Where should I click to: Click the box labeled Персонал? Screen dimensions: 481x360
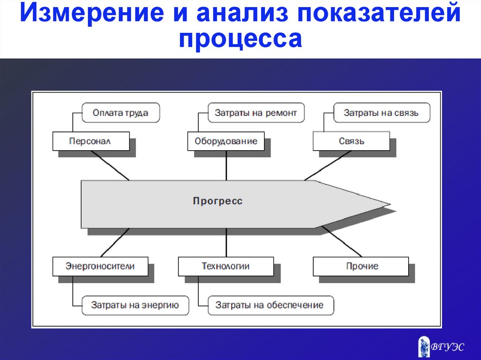click(91, 141)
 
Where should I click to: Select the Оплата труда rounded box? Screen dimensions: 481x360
click(121, 113)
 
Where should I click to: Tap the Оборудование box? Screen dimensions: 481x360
click(226, 141)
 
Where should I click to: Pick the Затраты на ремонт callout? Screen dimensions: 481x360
click(256, 113)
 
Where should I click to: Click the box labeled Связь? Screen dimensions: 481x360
click(351, 141)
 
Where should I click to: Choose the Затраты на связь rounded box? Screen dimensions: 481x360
click(381, 113)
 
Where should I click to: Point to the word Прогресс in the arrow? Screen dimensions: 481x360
click(218, 201)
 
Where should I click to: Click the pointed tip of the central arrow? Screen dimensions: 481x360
click(390, 204)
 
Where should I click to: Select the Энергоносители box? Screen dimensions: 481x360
click(101, 266)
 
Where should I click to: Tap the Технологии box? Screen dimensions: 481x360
click(226, 266)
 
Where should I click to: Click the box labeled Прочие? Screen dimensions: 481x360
click(361, 266)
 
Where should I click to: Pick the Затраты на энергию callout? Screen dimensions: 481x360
click(135, 305)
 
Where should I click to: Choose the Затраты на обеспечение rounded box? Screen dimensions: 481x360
click(271, 305)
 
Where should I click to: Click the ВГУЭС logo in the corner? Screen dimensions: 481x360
click(441, 346)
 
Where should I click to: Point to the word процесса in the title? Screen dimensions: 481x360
click(240, 39)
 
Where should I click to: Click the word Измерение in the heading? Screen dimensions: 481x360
click(92, 13)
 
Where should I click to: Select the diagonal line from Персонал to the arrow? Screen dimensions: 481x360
click(110, 166)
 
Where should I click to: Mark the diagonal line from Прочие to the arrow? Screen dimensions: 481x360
click(342, 242)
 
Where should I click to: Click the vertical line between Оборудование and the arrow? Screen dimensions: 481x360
click(226, 166)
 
